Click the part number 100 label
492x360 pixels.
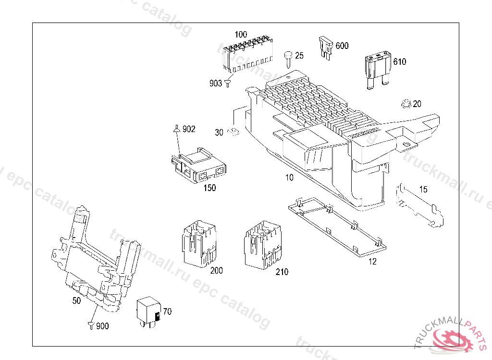pos(241,35)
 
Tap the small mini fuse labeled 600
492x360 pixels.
pos(325,48)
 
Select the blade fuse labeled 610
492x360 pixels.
pos(377,70)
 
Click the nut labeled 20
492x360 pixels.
pos(405,104)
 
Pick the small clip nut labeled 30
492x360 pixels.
pos(234,132)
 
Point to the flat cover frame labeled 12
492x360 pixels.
pos(336,226)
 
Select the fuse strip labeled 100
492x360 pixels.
pos(247,54)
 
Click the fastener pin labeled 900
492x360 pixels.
pos(90,325)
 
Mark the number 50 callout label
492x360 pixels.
pos(76,300)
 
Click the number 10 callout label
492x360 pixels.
pos(289,177)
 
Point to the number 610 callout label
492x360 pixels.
pos(399,62)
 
